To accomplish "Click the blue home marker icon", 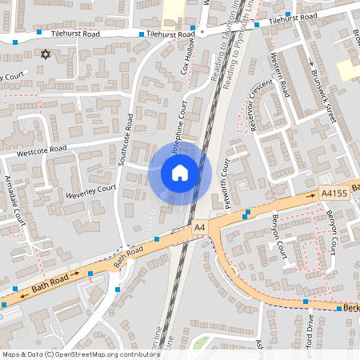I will click(x=180, y=172).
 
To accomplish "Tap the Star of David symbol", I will click(x=45, y=54).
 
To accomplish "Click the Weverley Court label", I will click(x=91, y=192).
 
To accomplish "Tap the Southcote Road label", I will click(x=126, y=139).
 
